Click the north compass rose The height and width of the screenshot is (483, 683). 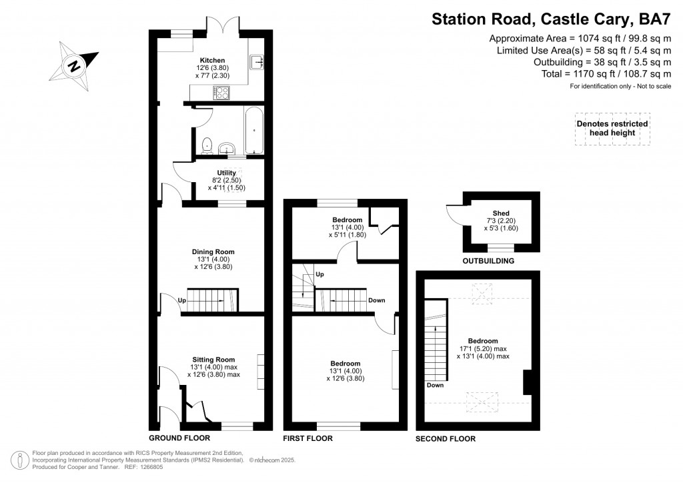point(74,66)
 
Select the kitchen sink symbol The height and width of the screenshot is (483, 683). point(257,63)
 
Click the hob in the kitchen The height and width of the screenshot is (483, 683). point(221,93)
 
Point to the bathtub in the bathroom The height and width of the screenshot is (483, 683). point(254,131)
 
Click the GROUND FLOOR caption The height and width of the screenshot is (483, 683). point(179,438)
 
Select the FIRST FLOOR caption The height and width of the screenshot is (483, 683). point(308,438)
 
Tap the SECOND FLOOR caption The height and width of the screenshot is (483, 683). point(446,438)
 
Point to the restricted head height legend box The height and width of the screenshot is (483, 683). point(612,128)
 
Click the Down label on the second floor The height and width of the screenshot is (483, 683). point(436,385)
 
